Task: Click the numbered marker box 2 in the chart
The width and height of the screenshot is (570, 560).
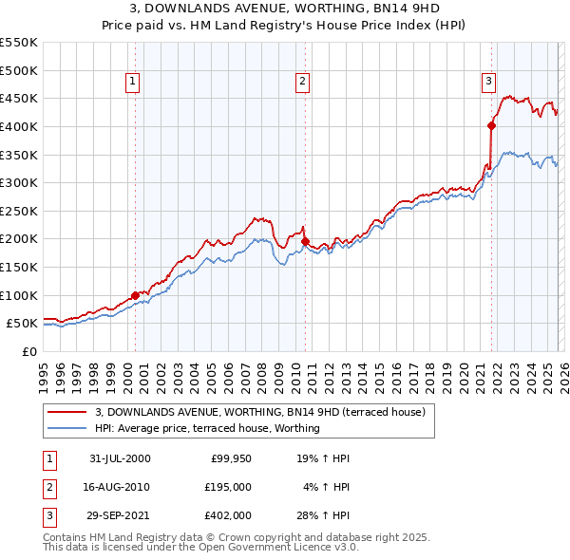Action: (x=301, y=83)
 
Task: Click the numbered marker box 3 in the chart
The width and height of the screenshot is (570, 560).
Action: (x=488, y=83)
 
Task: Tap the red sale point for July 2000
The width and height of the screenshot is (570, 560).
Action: (x=135, y=295)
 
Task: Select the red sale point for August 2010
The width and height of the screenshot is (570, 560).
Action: (x=305, y=241)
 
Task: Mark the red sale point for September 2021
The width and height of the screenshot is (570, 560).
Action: (x=492, y=124)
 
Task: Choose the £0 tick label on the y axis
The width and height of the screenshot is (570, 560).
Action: (x=29, y=351)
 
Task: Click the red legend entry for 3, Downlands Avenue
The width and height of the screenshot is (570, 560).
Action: (x=265, y=413)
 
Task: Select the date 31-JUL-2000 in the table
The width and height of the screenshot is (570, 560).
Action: (x=120, y=458)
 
